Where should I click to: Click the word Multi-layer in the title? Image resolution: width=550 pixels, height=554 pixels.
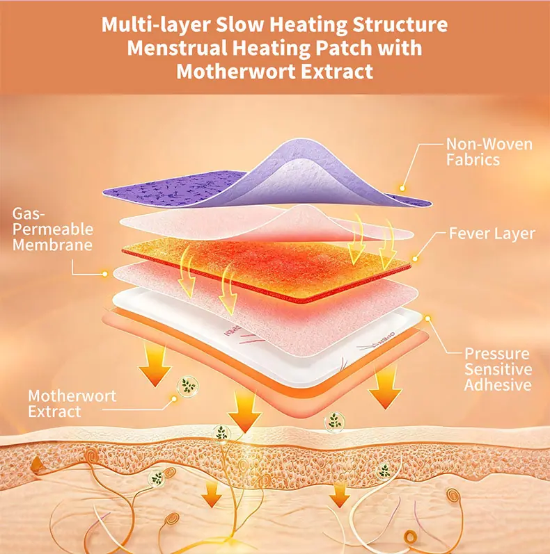[156, 25]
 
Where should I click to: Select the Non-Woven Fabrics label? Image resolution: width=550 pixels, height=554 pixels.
[489, 152]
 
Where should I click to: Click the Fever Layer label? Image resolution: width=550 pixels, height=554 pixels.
[492, 234]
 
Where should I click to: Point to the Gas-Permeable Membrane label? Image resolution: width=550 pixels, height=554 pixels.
[53, 229]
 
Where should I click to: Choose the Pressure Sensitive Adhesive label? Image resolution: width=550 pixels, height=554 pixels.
[498, 369]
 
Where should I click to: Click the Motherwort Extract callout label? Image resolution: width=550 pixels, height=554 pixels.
[72, 404]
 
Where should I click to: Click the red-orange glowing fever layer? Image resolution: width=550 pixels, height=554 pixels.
[266, 268]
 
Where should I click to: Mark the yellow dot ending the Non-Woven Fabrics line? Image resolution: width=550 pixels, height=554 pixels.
[402, 188]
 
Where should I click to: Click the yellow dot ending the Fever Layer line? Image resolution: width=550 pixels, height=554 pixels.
[415, 259]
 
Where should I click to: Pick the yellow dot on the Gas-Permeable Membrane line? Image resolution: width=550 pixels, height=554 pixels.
[104, 274]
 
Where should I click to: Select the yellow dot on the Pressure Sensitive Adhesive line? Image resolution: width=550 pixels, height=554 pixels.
[428, 318]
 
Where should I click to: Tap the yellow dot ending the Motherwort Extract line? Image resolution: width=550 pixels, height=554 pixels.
[174, 398]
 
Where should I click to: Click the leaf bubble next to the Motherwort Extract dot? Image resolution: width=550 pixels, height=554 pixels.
[188, 386]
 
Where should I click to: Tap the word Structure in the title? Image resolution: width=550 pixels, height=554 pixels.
[400, 25]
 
